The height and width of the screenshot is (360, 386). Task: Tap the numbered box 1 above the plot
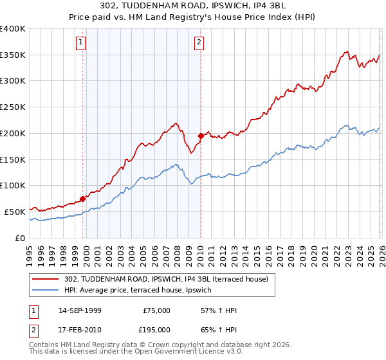click(x=81, y=43)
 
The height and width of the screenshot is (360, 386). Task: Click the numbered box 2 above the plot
click(x=199, y=43)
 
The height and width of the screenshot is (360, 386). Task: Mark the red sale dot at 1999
click(x=82, y=199)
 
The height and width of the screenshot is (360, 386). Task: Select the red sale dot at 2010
click(x=201, y=136)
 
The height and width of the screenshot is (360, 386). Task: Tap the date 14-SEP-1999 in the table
click(x=80, y=310)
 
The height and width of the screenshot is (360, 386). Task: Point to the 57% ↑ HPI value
click(x=219, y=310)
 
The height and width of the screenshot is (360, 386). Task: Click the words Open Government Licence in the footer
click(x=186, y=352)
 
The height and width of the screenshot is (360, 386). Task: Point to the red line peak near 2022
click(x=347, y=51)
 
